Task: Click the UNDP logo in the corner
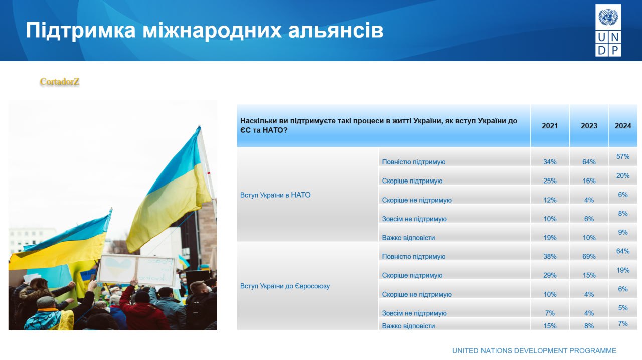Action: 608,30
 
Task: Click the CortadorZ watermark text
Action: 60,82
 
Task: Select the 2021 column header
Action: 550,126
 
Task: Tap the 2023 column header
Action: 589,126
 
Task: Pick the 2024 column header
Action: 623,126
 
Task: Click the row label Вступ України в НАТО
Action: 275,195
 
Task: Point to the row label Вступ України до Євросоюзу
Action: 285,286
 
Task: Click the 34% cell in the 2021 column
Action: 550,162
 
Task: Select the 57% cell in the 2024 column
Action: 623,157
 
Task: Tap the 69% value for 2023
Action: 589,257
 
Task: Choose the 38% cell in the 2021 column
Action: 550,257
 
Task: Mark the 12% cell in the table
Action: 550,200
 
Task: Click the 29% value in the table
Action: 550,275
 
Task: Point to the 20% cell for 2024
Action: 623,176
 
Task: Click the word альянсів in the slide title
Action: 336,30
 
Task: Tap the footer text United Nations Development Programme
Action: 534,351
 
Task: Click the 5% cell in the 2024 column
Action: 623,308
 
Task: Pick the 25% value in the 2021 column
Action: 550,181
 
